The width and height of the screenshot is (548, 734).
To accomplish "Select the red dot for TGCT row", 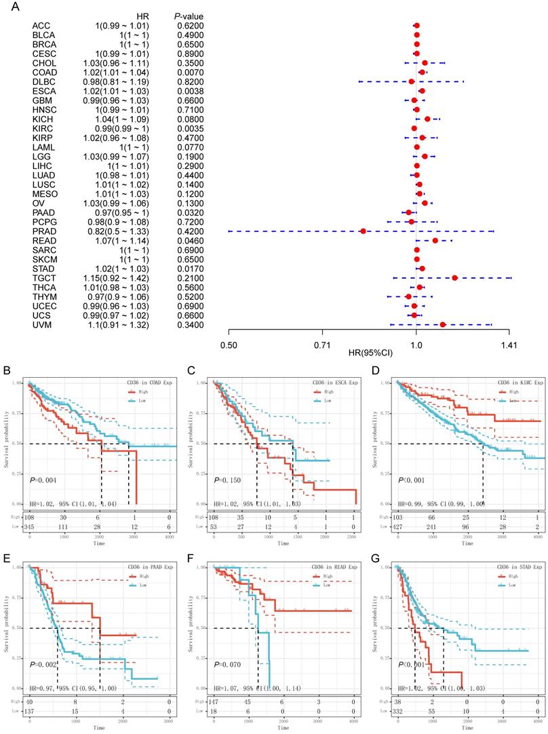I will click(454, 277).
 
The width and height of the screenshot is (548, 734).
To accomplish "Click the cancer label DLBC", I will click(41, 81).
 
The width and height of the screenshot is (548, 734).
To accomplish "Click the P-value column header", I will click(189, 16).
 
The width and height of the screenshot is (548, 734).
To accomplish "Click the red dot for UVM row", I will click(443, 324).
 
